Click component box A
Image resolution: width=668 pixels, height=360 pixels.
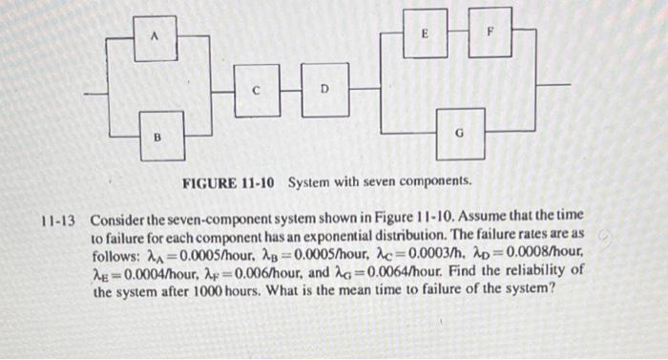[x=156, y=37]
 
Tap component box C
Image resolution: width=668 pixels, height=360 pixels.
[x=256, y=90]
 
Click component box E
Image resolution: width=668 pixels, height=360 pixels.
[x=425, y=32]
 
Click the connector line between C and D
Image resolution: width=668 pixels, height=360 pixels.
[x=290, y=90]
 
